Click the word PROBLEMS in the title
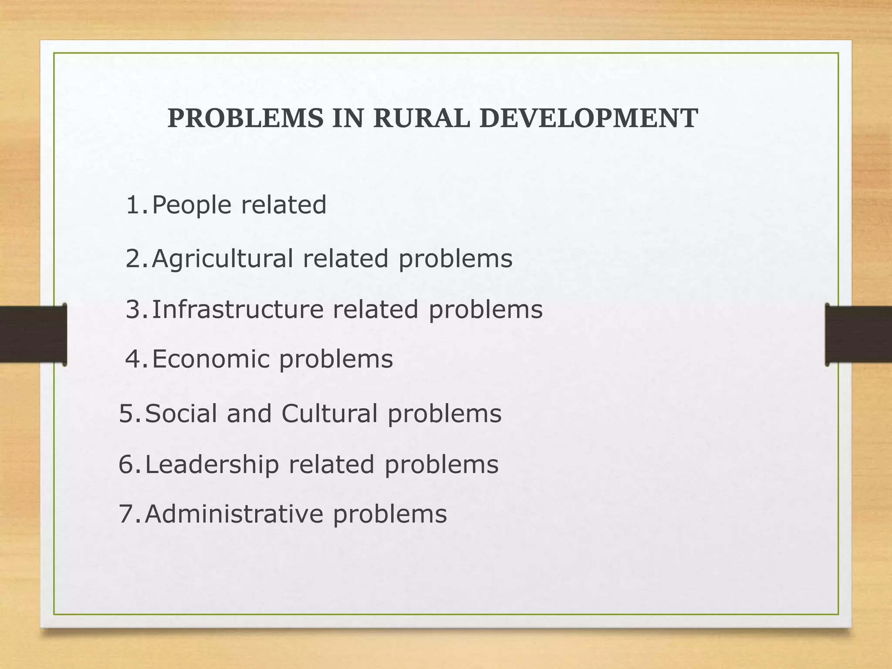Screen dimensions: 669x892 pos(245,118)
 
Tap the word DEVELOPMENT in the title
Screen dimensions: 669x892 pos(588,118)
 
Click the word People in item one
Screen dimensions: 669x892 pos(192,205)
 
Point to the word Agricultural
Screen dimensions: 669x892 pos(222,259)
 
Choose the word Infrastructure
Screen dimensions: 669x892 pos(237,309)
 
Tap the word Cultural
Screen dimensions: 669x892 pos(329,413)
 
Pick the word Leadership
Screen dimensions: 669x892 pos(212,464)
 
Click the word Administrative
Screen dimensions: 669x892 pos(234,514)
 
